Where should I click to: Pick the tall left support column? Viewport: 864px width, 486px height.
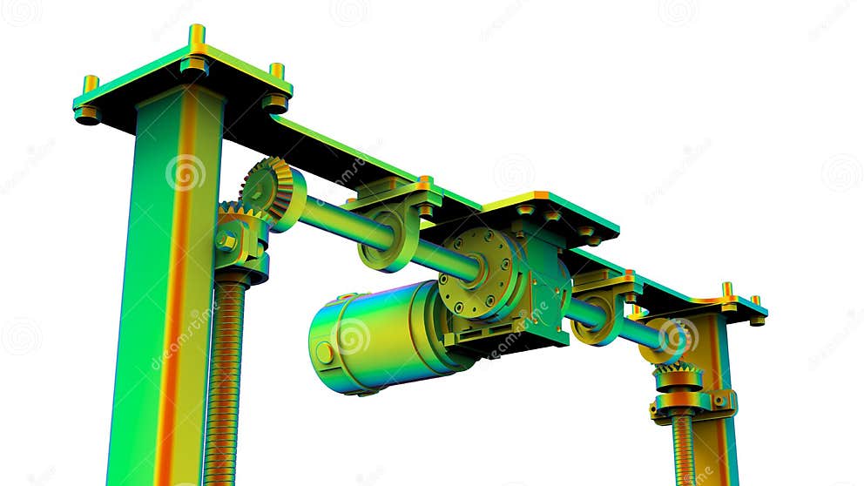click(x=165, y=287)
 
